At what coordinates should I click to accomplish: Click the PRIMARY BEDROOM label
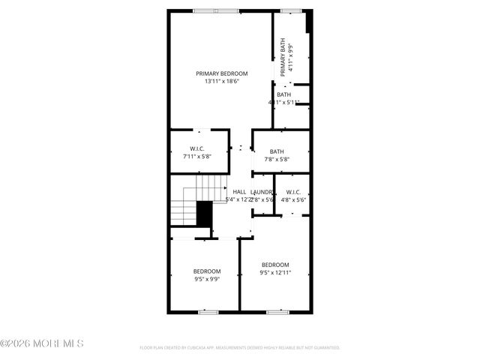[221, 73]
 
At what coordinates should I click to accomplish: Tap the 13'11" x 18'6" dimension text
[221, 81]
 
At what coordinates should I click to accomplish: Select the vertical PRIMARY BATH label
[283, 58]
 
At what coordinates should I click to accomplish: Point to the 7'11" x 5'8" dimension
[198, 157]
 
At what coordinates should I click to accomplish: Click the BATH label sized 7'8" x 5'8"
[277, 151]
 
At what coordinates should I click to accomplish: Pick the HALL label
[239, 192]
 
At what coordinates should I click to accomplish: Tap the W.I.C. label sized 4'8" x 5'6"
[294, 192]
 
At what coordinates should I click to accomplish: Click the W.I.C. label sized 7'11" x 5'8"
[198, 149]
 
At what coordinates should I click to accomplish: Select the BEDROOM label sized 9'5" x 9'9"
[207, 271]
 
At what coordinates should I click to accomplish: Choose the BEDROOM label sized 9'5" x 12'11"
[274, 265]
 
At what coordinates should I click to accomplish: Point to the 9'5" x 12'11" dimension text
[274, 273]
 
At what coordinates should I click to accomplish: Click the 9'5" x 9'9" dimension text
[207, 279]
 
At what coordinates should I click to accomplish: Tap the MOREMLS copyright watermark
[42, 343]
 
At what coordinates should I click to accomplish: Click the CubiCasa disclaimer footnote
[240, 348]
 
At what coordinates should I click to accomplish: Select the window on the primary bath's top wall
[291, 10]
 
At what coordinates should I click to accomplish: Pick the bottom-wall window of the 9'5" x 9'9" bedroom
[208, 310]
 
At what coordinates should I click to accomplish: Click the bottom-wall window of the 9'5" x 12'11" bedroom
[278, 310]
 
